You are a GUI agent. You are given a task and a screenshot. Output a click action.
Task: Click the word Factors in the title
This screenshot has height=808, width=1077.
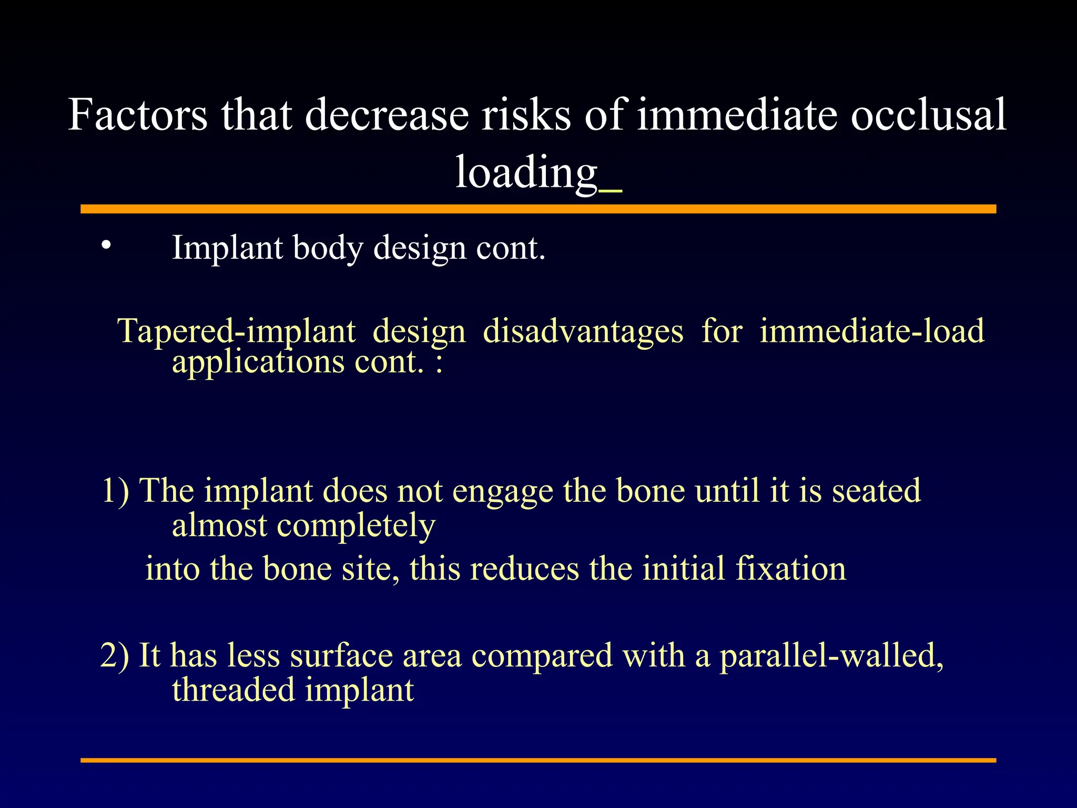tap(138, 115)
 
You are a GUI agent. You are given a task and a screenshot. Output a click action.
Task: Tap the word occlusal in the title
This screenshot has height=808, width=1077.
tap(928, 115)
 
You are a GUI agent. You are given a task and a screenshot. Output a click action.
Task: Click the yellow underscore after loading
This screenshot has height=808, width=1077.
tap(611, 191)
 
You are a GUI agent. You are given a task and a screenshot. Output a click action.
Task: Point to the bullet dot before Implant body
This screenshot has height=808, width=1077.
tap(107, 245)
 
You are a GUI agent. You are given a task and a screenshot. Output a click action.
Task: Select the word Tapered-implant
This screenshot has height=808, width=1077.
tap(237, 331)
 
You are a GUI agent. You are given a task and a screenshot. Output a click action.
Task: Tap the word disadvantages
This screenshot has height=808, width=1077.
tap(583, 331)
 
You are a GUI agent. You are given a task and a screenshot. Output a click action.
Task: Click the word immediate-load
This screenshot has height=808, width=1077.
tap(871, 331)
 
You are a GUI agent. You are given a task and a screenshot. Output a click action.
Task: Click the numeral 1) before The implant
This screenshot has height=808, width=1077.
tap(115, 491)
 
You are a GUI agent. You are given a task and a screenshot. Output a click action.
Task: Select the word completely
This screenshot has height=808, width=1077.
tap(356, 526)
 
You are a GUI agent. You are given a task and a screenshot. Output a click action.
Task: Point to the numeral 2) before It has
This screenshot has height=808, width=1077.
tap(115, 656)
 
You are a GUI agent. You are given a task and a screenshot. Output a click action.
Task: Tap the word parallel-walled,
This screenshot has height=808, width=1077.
tap(831, 656)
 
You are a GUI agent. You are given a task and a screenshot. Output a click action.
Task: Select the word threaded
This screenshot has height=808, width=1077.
tap(233, 690)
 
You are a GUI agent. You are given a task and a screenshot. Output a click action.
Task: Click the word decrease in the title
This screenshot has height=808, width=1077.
tap(387, 115)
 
